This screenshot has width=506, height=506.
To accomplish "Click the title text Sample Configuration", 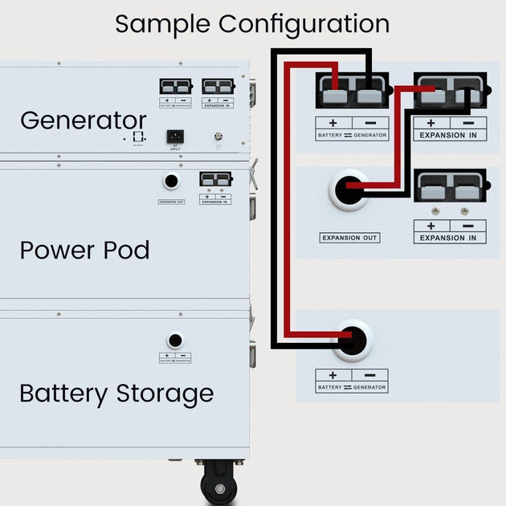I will pyautogui.click(x=252, y=23).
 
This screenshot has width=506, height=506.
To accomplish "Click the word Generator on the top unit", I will pyautogui.click(x=83, y=120).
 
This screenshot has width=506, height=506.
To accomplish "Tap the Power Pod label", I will pyautogui.click(x=84, y=250).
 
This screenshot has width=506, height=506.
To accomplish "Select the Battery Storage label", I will pyautogui.click(x=116, y=394).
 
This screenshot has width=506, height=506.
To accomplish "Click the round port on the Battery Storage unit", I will pyautogui.click(x=174, y=341).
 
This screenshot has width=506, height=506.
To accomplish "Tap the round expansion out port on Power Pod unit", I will pyautogui.click(x=171, y=182).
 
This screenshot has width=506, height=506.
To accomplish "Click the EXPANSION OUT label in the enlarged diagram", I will pyautogui.click(x=349, y=238).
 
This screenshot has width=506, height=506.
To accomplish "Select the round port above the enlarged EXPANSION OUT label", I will pyautogui.click(x=349, y=190).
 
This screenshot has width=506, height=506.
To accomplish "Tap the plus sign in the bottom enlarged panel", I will pyautogui.click(x=333, y=375).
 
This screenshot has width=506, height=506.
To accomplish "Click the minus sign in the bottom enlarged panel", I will pyautogui.click(x=369, y=375).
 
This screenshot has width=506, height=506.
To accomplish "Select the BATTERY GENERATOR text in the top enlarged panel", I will pyautogui.click(x=352, y=135).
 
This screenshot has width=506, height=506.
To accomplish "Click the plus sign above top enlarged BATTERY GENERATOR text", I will pyautogui.click(x=333, y=123).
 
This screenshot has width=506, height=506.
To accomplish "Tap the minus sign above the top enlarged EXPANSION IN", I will pyautogui.click(x=468, y=123).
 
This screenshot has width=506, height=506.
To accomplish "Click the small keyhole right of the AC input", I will pyautogui.click(x=216, y=137).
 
